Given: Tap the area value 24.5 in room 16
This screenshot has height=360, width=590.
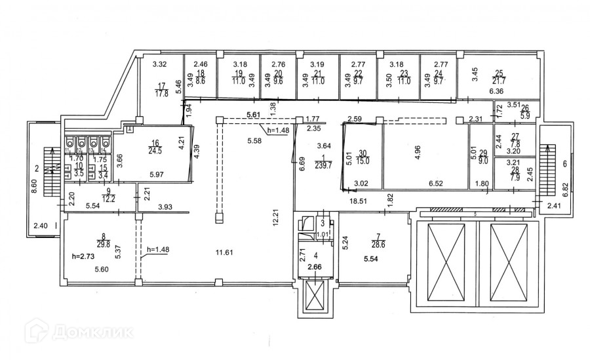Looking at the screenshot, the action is (x=155, y=151).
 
